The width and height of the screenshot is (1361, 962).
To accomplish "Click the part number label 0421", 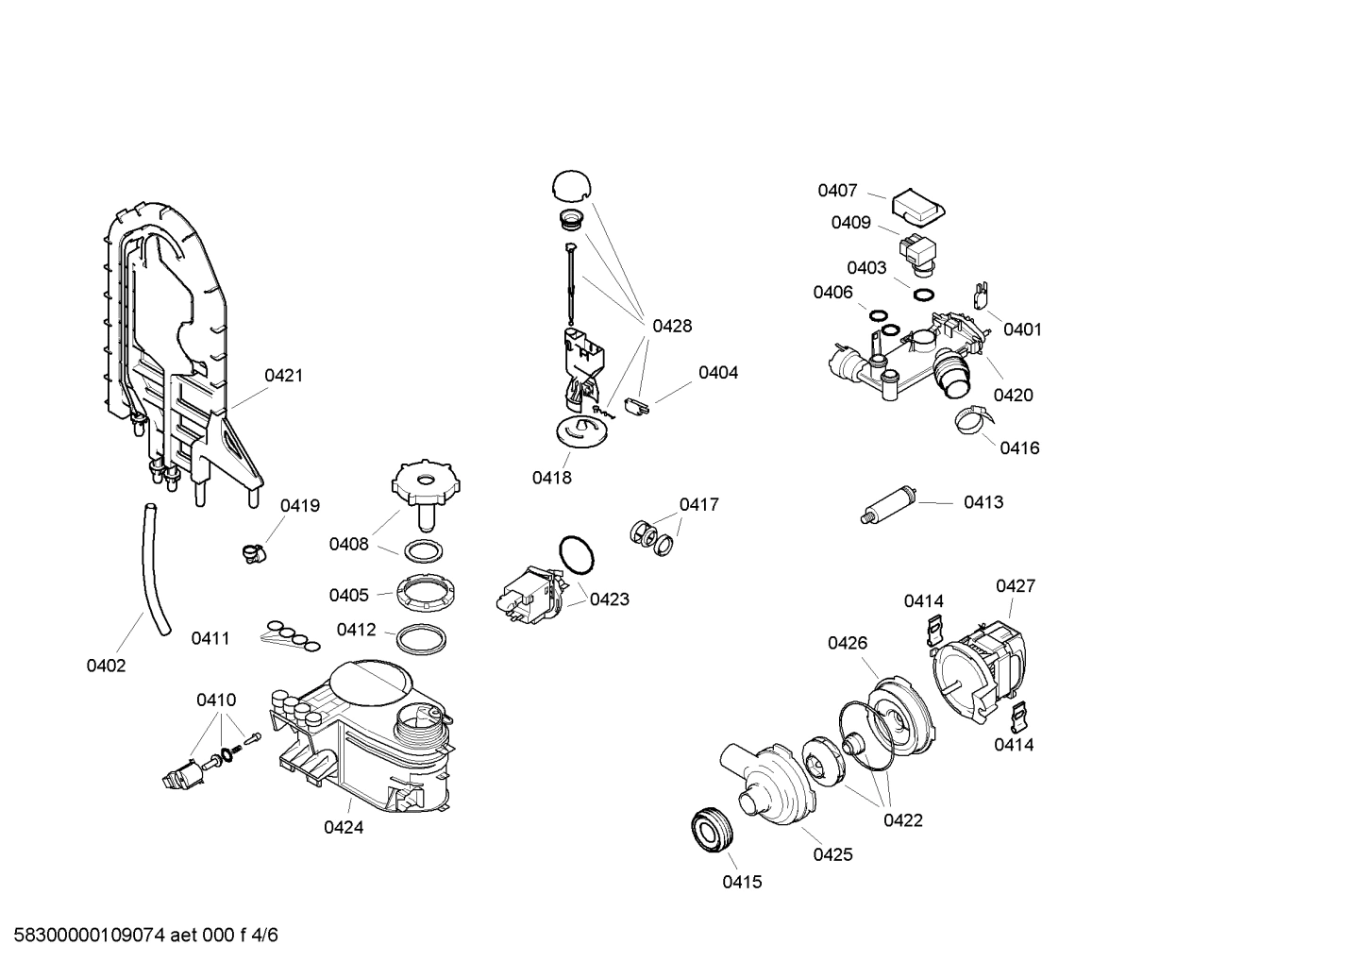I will [x=283, y=376].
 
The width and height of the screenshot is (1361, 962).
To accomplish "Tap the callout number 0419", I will [x=300, y=506].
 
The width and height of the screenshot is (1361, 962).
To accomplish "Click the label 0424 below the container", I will [x=344, y=828].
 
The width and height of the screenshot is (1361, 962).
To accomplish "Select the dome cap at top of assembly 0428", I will [x=570, y=185].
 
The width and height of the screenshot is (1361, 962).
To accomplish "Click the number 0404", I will [x=718, y=373].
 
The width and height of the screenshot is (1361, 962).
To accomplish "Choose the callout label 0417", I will [x=699, y=505].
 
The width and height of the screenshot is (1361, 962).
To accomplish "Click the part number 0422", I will [x=903, y=820].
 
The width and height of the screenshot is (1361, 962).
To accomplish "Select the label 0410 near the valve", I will [x=216, y=700].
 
